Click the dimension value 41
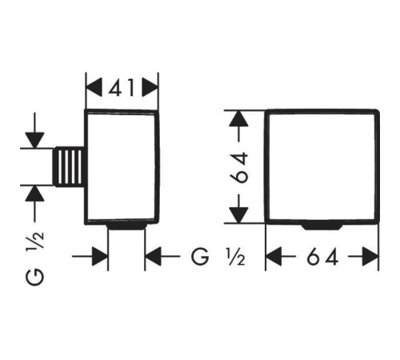[122, 87]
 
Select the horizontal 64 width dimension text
[322, 257]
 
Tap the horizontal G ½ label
[218, 257]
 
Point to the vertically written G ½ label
[34, 258]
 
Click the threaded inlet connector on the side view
[70, 166]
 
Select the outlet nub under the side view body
[126, 226]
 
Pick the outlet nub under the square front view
[322, 226]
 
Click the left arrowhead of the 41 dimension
[94, 87]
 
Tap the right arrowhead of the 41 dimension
[150, 87]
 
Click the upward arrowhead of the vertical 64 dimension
[238, 118]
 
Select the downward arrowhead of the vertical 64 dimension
[238, 215]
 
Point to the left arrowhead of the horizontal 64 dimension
[274, 257]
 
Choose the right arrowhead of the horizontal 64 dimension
[370, 257]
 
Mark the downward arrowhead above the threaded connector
[34, 140]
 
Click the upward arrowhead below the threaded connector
[34, 194]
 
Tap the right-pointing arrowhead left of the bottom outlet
[100, 257]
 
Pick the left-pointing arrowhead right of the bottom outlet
[154, 257]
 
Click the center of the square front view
[322, 166]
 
